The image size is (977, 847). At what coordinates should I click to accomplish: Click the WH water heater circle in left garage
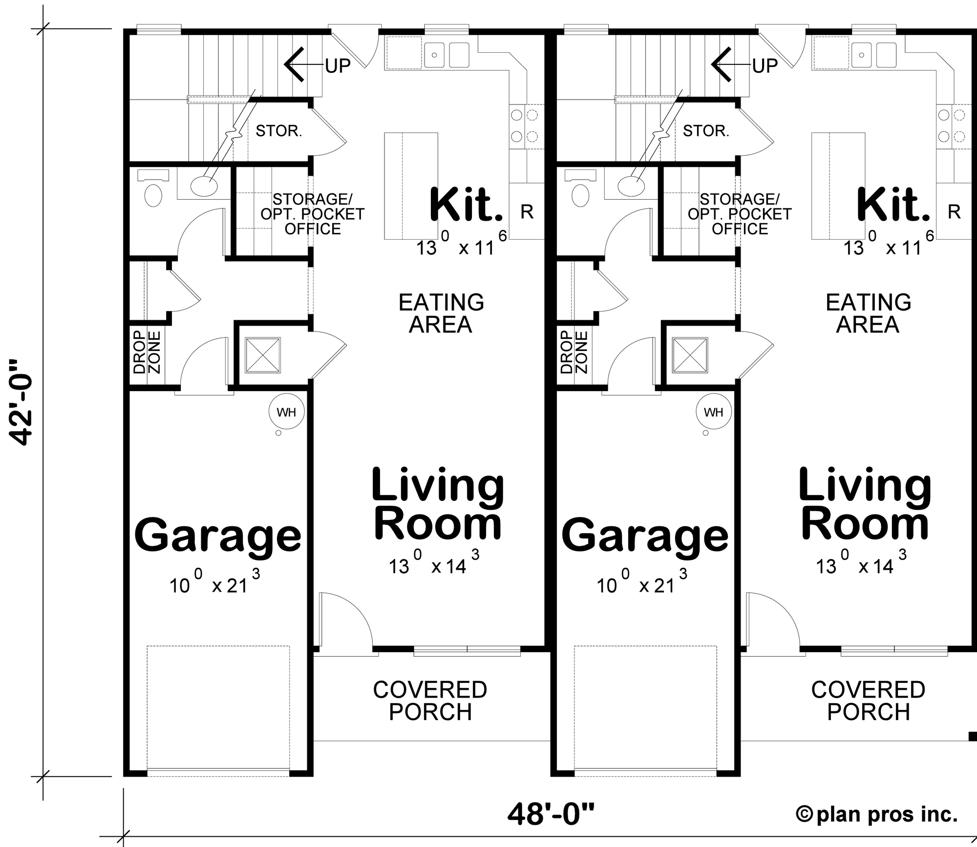pos(286,412)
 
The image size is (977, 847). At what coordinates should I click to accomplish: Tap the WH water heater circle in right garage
pos(713,412)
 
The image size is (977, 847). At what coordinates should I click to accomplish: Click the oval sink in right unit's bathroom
pos(631,185)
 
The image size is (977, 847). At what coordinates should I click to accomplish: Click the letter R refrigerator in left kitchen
pos(527,212)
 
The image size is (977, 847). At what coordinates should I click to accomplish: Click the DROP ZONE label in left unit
pos(147,352)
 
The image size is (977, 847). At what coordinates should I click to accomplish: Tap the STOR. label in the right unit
pos(705,131)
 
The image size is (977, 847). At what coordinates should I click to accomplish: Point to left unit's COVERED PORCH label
pos(430,701)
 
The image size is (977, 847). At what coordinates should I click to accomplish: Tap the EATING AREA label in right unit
pos(868,313)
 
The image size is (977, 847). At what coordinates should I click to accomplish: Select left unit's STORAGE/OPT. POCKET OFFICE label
pos(313,214)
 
